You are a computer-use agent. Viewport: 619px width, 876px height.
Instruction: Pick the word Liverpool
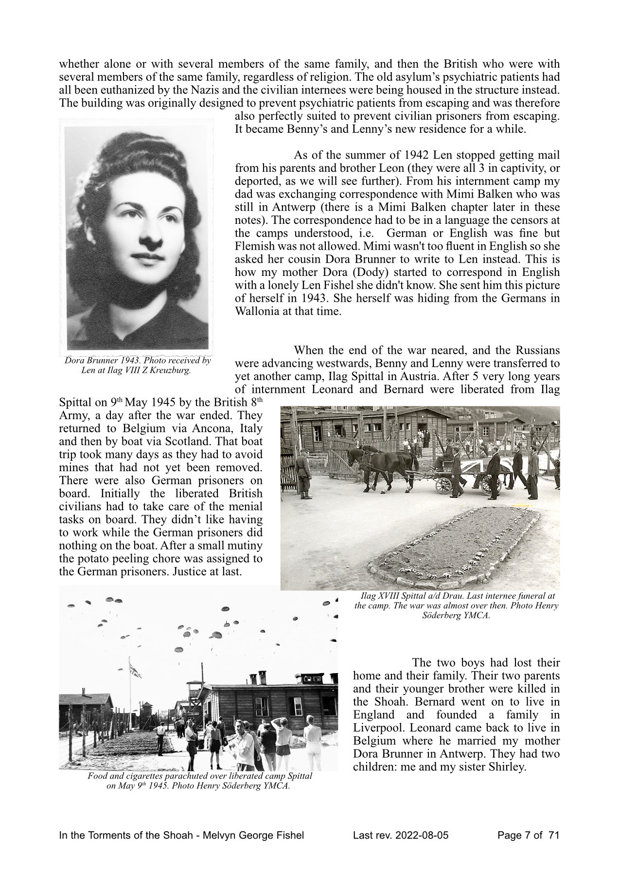pos(377,729)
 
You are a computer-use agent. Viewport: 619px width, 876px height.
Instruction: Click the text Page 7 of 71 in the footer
pos(529,836)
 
